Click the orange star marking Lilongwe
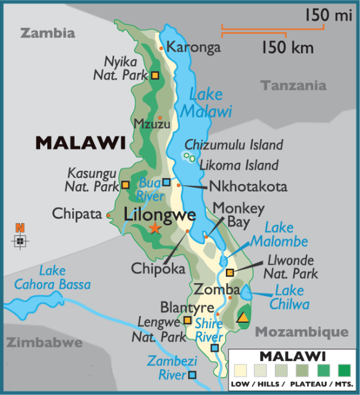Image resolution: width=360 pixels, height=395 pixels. click(x=155, y=228)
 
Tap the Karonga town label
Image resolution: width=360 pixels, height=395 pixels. click(x=194, y=47)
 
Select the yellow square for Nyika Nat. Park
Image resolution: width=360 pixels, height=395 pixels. click(x=155, y=75)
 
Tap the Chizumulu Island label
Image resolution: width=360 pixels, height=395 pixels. click(x=234, y=145)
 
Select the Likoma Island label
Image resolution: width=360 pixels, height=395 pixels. click(x=240, y=165)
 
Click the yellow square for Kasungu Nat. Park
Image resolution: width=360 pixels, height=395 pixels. click(x=126, y=185)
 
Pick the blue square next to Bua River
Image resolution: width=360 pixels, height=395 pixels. click(x=167, y=182)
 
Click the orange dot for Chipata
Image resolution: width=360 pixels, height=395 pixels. click(x=109, y=215)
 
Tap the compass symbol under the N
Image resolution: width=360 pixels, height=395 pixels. click(x=21, y=241)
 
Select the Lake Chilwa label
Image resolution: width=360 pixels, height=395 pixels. click(x=292, y=297)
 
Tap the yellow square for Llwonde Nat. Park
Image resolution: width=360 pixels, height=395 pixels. click(x=229, y=272)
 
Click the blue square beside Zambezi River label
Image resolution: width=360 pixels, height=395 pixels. click(x=192, y=374)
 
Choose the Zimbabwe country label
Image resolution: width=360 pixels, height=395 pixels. click(x=44, y=343)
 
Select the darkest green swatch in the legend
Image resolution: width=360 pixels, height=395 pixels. click(x=345, y=369)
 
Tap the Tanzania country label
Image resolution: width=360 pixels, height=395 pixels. click(x=294, y=86)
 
